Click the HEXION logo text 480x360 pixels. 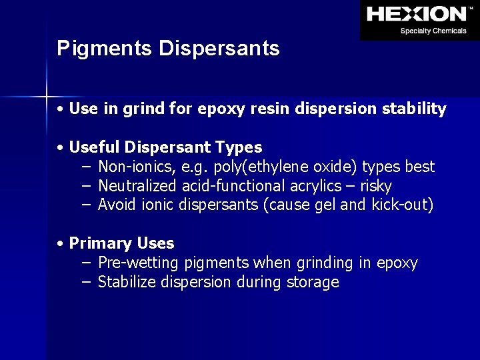pyautogui.click(x=417, y=13)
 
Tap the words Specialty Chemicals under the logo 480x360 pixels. pyautogui.click(x=433, y=31)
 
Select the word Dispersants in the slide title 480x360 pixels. pyautogui.click(x=219, y=49)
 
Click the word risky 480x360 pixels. pyautogui.click(x=375, y=186)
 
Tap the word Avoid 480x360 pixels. pyautogui.click(x=118, y=205)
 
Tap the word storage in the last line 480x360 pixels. pyautogui.click(x=313, y=283)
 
